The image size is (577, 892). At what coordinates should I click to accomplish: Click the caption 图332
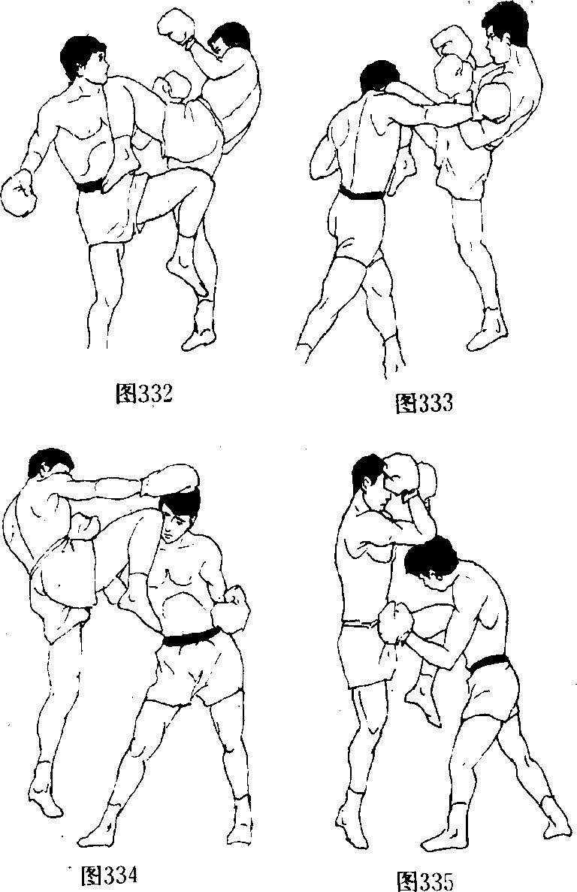click(x=143, y=393)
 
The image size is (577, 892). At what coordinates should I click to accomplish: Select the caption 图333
click(x=424, y=403)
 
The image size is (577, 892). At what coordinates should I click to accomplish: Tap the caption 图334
click(x=110, y=874)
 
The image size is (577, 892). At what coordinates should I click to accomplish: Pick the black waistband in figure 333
click(x=362, y=193)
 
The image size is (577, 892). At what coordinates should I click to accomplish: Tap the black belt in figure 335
click(x=487, y=662)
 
